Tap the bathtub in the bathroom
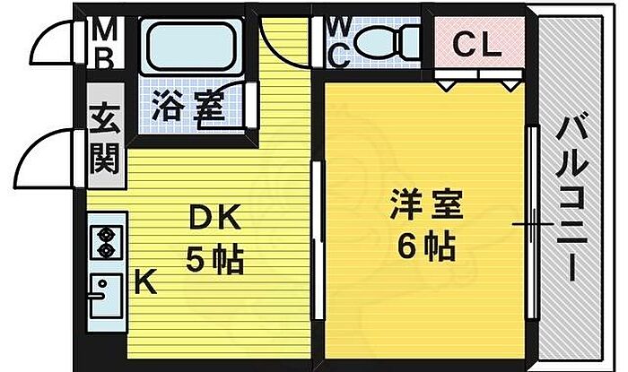click(x=191, y=48)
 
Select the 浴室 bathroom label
click(x=188, y=106)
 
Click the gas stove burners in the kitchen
click(x=106, y=241)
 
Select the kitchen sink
click(x=105, y=295)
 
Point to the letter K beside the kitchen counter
click(x=145, y=281)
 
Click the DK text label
click(x=215, y=217)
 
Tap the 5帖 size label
click(x=215, y=260)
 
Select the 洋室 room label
click(x=426, y=204)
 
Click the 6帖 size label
click(x=426, y=247)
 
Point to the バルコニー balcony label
click(x=572, y=197)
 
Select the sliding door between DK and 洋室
click(x=318, y=240)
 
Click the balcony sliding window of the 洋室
click(x=532, y=222)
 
